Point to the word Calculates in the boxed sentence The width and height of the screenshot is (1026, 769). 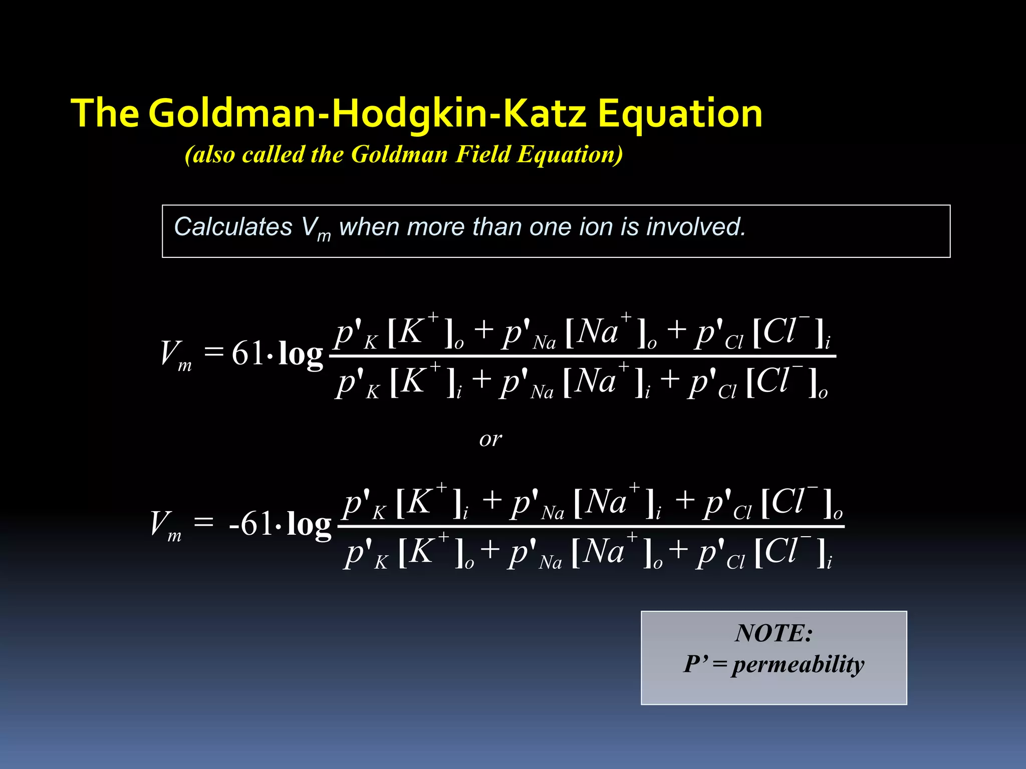pyautogui.click(x=232, y=227)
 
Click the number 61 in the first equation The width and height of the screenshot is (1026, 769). pyautogui.click(x=248, y=353)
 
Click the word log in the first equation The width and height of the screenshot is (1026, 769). pyautogui.click(x=301, y=354)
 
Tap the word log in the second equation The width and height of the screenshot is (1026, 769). pyautogui.click(x=309, y=525)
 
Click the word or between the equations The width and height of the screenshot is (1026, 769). pyautogui.click(x=490, y=439)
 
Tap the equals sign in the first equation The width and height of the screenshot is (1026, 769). pyautogui.click(x=213, y=351)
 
